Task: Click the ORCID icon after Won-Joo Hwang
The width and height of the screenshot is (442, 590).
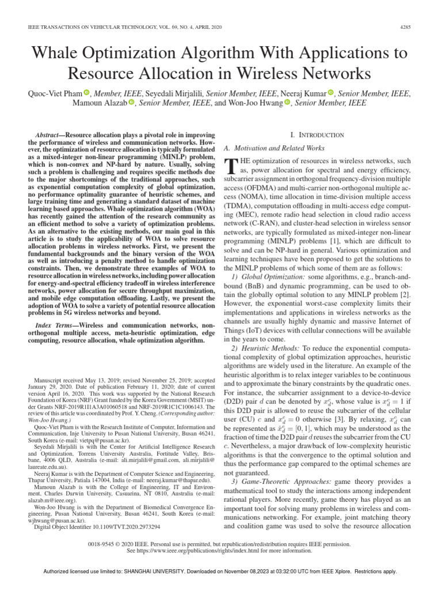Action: coord(288,103)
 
